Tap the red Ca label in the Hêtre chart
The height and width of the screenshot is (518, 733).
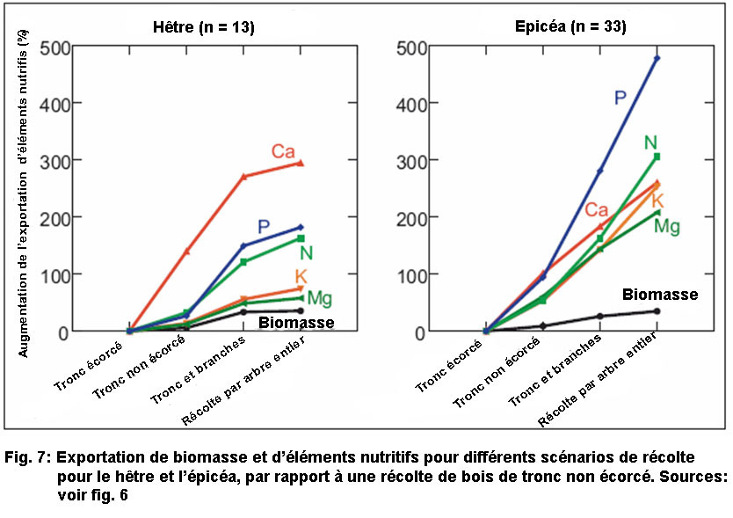283,151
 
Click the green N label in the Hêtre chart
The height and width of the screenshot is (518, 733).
306,253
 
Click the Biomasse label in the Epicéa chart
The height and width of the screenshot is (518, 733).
660,295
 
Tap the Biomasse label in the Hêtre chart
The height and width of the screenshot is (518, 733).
296,323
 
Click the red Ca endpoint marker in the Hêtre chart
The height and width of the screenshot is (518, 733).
301,163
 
